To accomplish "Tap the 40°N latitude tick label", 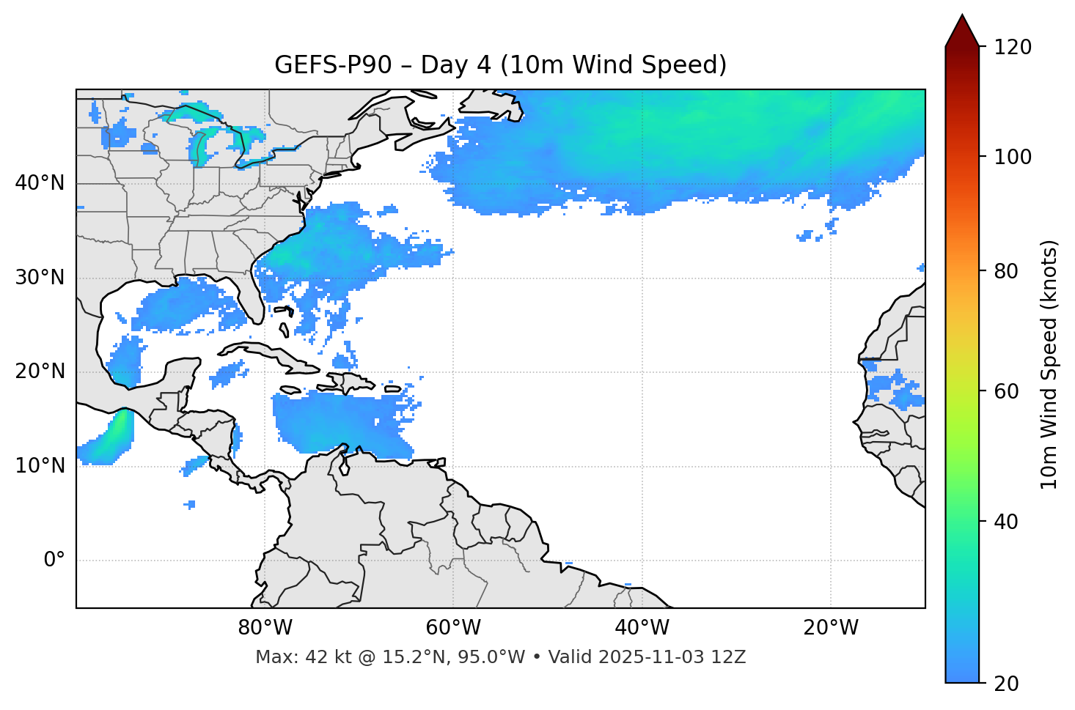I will [x=40, y=183].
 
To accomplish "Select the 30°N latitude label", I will [x=40, y=278].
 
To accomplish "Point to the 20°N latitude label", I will [x=40, y=371].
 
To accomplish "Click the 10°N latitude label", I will [x=40, y=466].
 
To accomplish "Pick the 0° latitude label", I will [x=54, y=561].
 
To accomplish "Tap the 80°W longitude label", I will [x=265, y=628].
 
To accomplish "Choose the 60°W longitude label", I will [x=453, y=628].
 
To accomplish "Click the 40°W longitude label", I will [x=642, y=628].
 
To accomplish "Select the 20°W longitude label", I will [x=830, y=628].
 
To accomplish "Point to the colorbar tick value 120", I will [x=1013, y=48].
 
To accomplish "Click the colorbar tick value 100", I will [x=1013, y=157].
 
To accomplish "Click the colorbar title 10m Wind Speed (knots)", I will [x=1049, y=364].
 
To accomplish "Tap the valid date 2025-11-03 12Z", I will [x=672, y=657].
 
